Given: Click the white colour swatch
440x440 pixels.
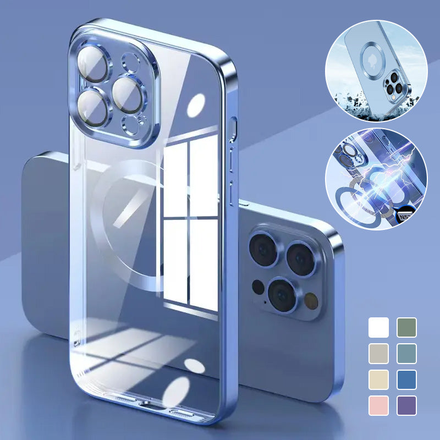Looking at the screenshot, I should (x=378, y=327).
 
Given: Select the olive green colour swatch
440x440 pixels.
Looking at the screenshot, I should (x=407, y=327).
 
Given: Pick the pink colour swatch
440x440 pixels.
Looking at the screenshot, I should (x=378, y=405).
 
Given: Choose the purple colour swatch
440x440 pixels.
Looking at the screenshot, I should (x=407, y=405).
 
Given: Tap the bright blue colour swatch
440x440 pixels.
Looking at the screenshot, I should (x=407, y=380).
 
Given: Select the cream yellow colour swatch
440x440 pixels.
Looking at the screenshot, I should (x=378, y=380).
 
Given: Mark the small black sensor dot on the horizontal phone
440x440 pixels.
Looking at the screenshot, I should (x=257, y=287).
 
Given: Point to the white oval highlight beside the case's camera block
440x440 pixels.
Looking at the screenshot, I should (x=196, y=105).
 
